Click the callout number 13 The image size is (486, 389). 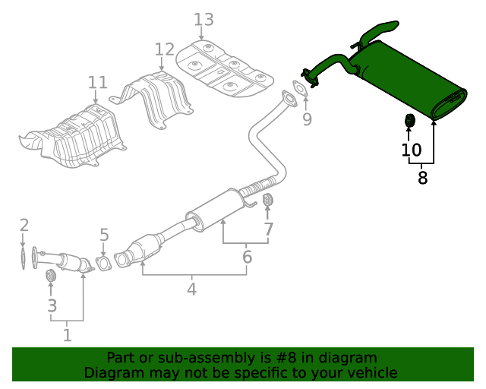click(x=204, y=19)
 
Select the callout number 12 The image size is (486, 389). click(x=164, y=50)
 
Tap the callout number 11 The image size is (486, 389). click(x=97, y=82)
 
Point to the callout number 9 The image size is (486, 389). click(x=307, y=119)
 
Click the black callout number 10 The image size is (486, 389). click(x=411, y=150)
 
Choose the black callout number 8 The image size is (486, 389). click(x=423, y=179)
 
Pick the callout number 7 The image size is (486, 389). click(x=268, y=229)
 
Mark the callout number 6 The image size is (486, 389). click(x=247, y=258)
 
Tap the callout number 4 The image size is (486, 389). click(x=191, y=289)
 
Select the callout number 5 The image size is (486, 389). click(x=104, y=236)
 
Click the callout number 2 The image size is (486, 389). click(x=24, y=225)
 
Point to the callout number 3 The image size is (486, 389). click(x=52, y=306)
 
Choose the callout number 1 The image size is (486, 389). click(x=67, y=334)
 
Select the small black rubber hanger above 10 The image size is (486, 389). click(x=409, y=121)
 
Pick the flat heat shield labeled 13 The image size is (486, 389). click(x=224, y=66)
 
